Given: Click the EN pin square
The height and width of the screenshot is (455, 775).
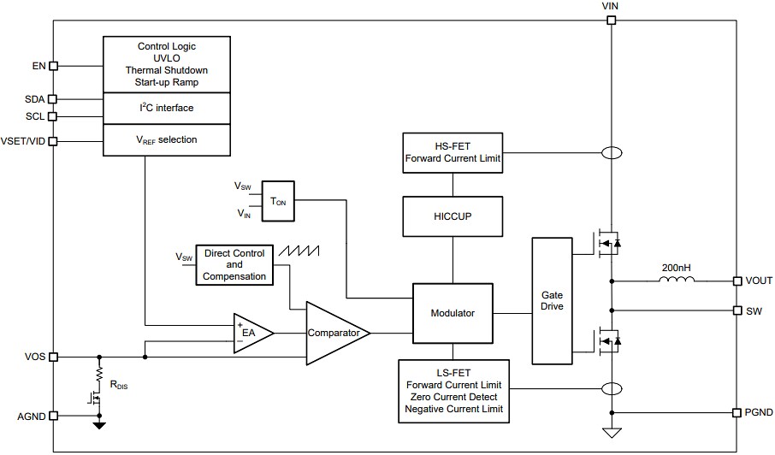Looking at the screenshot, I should click(54, 65).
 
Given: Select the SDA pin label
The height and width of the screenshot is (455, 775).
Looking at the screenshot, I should click(34, 99).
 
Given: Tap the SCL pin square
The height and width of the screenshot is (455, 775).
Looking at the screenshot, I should click(54, 116).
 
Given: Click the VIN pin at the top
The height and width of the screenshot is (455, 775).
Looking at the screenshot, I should click(611, 20).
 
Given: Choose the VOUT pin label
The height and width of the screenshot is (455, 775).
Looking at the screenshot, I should click(759, 281).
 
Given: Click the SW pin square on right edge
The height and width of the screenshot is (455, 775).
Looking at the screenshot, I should click(737, 310).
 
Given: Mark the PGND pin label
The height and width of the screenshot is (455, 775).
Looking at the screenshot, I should click(759, 412).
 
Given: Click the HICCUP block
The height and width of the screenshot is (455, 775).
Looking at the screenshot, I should click(452, 216).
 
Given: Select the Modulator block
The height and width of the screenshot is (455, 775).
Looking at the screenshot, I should click(453, 313).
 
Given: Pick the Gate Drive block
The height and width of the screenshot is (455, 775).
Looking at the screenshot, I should click(552, 300).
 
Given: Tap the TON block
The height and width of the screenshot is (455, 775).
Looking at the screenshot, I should click(278, 201).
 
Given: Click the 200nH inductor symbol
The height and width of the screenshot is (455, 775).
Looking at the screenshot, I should click(676, 281).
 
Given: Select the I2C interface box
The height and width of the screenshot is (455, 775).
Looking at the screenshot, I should click(167, 109).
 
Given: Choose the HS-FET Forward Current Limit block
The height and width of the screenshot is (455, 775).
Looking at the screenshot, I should click(452, 152).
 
